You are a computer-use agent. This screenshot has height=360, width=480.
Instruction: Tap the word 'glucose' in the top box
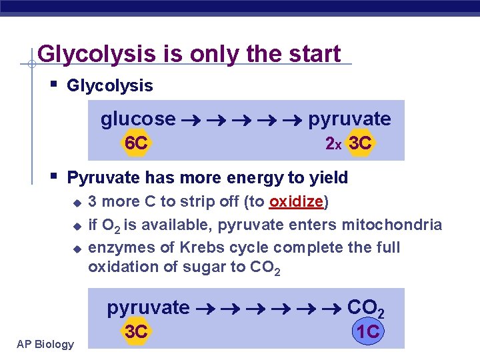[138, 119]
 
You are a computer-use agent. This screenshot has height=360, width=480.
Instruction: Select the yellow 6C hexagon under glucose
[136, 143]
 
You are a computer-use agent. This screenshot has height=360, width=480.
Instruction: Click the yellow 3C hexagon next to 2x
[361, 143]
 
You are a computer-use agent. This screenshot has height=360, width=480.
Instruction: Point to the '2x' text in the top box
[333, 143]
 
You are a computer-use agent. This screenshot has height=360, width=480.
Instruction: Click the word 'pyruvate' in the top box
[349, 119]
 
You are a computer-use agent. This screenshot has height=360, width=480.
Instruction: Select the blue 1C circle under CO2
[368, 331]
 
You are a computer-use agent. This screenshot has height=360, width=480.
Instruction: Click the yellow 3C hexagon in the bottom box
[136, 331]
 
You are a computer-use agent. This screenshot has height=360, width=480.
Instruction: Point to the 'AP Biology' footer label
[46, 344]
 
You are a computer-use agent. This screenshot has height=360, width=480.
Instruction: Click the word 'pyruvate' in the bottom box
[148, 307]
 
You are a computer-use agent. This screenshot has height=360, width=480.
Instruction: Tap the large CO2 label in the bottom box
[366, 308]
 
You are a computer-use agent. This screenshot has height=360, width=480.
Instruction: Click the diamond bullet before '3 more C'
[77, 202]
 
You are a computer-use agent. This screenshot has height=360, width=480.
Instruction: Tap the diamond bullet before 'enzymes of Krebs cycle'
[77, 248]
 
